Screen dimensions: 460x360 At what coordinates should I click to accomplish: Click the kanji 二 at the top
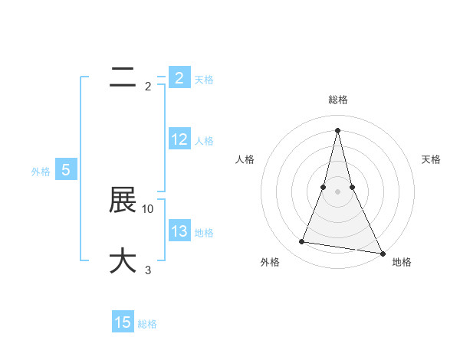point(123,77)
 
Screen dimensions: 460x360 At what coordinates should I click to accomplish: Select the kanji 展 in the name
point(123,200)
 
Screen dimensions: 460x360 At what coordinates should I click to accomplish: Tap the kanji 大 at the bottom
point(123,260)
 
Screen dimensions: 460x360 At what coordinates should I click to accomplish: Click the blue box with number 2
point(179,77)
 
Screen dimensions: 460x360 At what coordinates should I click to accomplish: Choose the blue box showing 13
point(179,231)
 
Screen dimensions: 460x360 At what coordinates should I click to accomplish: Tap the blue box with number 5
point(66,170)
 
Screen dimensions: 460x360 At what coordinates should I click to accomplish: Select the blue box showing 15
point(123,322)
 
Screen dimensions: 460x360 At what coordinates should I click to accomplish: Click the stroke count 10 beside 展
point(148,208)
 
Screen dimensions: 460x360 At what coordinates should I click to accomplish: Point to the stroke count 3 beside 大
point(148,270)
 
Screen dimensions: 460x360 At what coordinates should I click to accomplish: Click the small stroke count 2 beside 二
point(148,86)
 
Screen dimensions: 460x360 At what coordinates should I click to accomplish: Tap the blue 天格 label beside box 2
point(204,79)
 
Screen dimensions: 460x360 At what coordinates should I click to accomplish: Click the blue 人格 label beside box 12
point(204,140)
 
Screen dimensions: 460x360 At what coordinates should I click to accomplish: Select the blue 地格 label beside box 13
point(204,232)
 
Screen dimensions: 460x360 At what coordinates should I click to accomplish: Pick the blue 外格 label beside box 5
point(41,172)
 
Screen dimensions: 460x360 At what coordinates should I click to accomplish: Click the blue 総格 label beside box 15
point(147,324)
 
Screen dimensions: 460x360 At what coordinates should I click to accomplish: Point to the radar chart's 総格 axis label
point(337,100)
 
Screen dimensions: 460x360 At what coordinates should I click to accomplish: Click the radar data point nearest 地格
point(382,253)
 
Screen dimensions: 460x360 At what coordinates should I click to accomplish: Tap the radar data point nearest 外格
point(301,242)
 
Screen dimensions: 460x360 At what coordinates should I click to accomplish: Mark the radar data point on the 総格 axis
point(337,129)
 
